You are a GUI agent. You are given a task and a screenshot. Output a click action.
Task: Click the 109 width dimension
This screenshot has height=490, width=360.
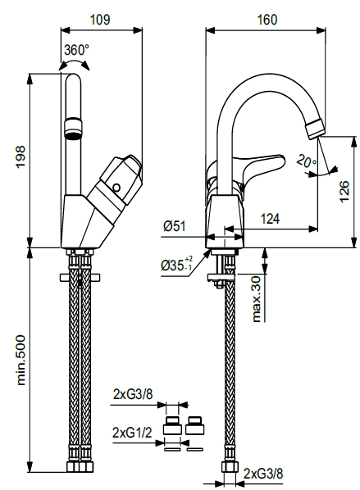[x=100, y=20]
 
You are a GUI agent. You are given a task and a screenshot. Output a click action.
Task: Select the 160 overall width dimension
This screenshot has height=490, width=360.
[x=267, y=20]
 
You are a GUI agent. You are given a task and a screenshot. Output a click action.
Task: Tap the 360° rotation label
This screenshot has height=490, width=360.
[x=76, y=49]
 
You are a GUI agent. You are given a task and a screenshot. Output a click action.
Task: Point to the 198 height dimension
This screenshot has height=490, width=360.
[x=21, y=157]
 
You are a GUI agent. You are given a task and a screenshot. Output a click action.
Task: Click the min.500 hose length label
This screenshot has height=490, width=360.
[x=21, y=360]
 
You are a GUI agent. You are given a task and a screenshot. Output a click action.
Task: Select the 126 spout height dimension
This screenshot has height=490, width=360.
[x=344, y=191]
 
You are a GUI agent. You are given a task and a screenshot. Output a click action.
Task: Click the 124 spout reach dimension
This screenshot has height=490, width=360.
[x=270, y=219]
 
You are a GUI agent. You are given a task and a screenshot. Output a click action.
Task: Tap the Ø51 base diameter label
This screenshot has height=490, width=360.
[x=174, y=226]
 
